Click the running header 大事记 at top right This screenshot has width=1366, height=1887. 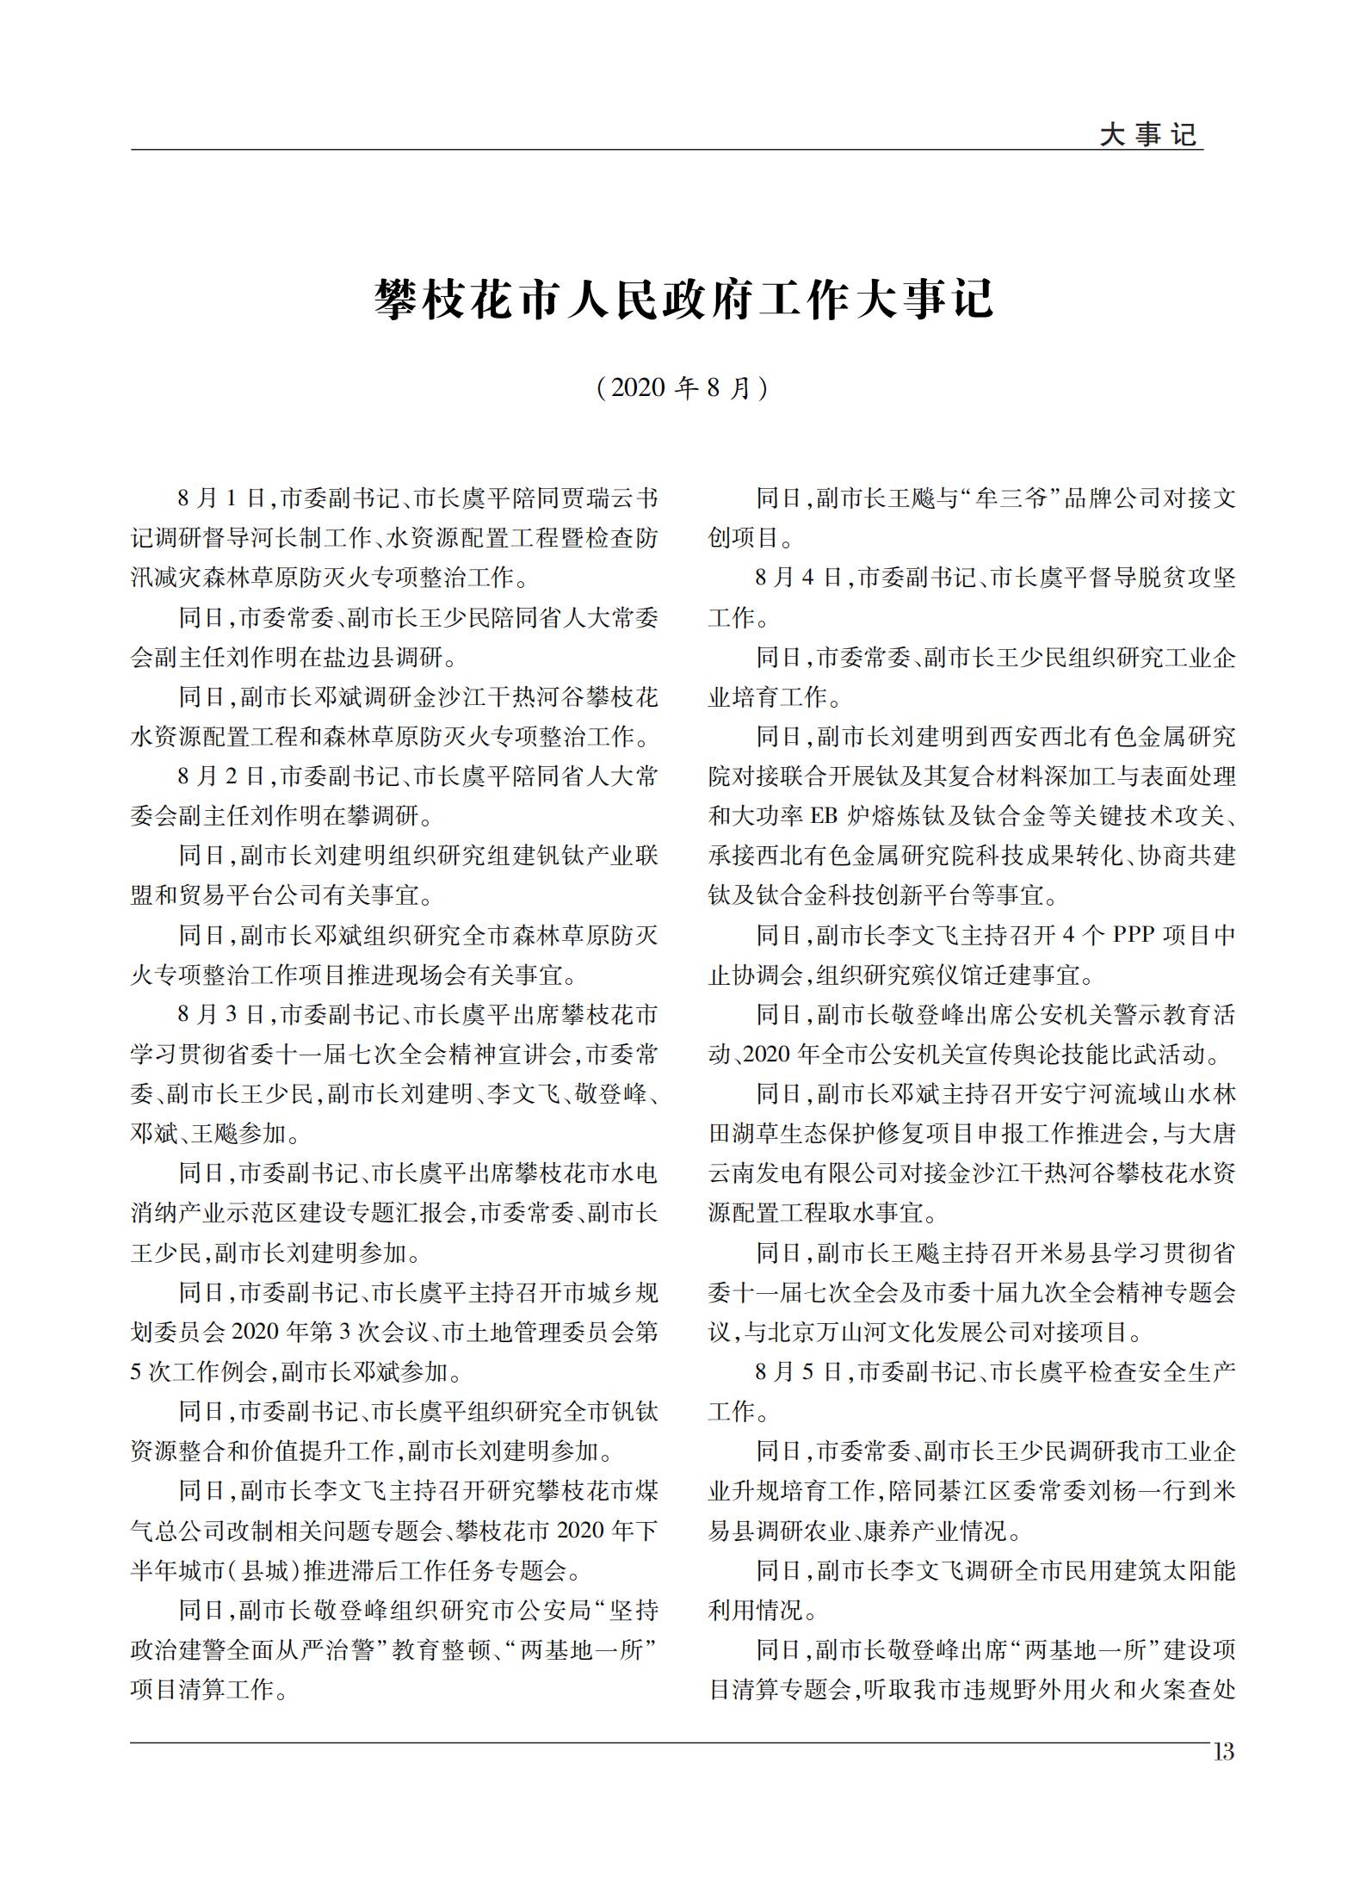(1148, 135)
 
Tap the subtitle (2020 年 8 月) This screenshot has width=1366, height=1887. (683, 388)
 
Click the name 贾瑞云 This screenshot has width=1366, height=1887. (585, 498)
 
